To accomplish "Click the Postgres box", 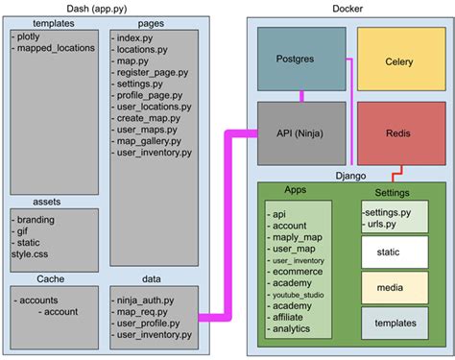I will [301, 60].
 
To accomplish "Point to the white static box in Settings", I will [394, 253].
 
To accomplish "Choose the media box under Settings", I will [394, 288].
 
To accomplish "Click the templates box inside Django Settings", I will [394, 324].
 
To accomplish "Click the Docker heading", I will [347, 8].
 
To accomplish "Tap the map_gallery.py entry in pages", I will [148, 140].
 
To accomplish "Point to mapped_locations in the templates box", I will [53, 47].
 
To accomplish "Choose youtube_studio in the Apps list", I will [303, 296].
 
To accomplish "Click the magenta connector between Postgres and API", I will [301, 94].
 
